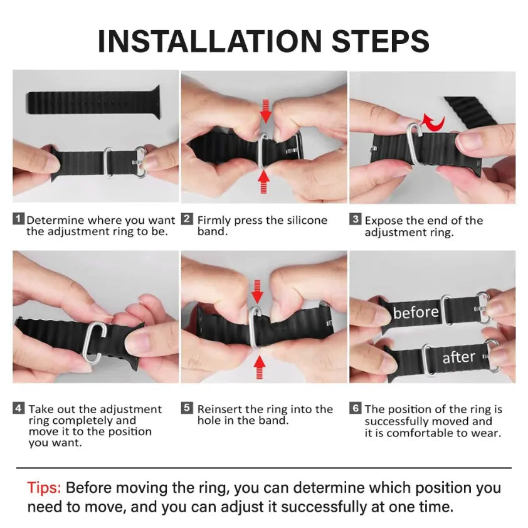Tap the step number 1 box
pyautogui.click(x=19, y=219)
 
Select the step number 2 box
pyautogui.click(x=187, y=219)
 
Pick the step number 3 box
pyautogui.click(x=356, y=219)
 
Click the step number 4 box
pyautogui.click(x=19, y=409)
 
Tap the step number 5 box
pyautogui.click(x=187, y=408)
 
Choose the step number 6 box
pyautogui.click(x=356, y=408)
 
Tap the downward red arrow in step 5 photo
pyautogui.click(x=258, y=291)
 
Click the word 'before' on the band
pyautogui.click(x=415, y=312)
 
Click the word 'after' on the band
pyautogui.click(x=458, y=357)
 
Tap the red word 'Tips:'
pyautogui.click(x=44, y=488)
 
